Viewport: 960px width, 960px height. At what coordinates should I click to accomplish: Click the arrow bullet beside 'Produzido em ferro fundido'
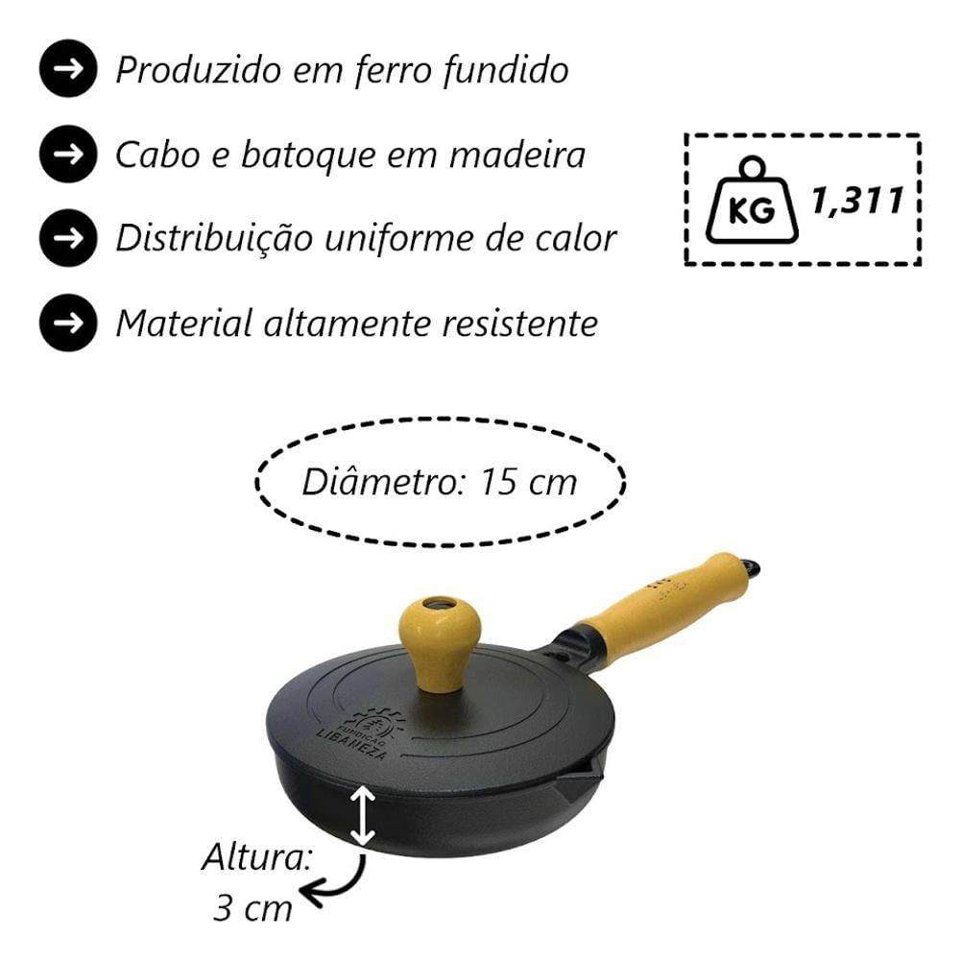point(68,68)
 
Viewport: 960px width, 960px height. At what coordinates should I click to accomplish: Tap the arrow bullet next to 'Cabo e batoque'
point(68,154)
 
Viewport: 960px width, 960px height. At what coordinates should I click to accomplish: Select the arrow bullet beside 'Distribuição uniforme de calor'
point(68,238)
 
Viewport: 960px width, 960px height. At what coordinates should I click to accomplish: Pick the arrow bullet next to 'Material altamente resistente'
point(68,323)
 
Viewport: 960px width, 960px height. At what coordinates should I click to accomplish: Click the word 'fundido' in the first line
point(505,69)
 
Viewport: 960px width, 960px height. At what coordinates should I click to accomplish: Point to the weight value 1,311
point(857,201)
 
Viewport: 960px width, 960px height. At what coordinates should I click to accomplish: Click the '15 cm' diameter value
point(529,482)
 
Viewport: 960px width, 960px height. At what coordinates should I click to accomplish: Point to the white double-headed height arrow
point(363,816)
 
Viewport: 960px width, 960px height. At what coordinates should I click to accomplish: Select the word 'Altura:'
point(257,857)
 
